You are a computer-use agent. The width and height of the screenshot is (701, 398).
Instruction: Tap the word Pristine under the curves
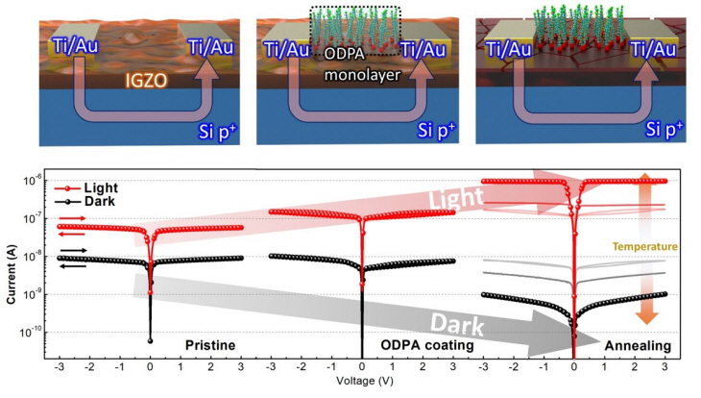208,344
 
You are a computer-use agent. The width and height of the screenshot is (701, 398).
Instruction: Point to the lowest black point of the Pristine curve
150,340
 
